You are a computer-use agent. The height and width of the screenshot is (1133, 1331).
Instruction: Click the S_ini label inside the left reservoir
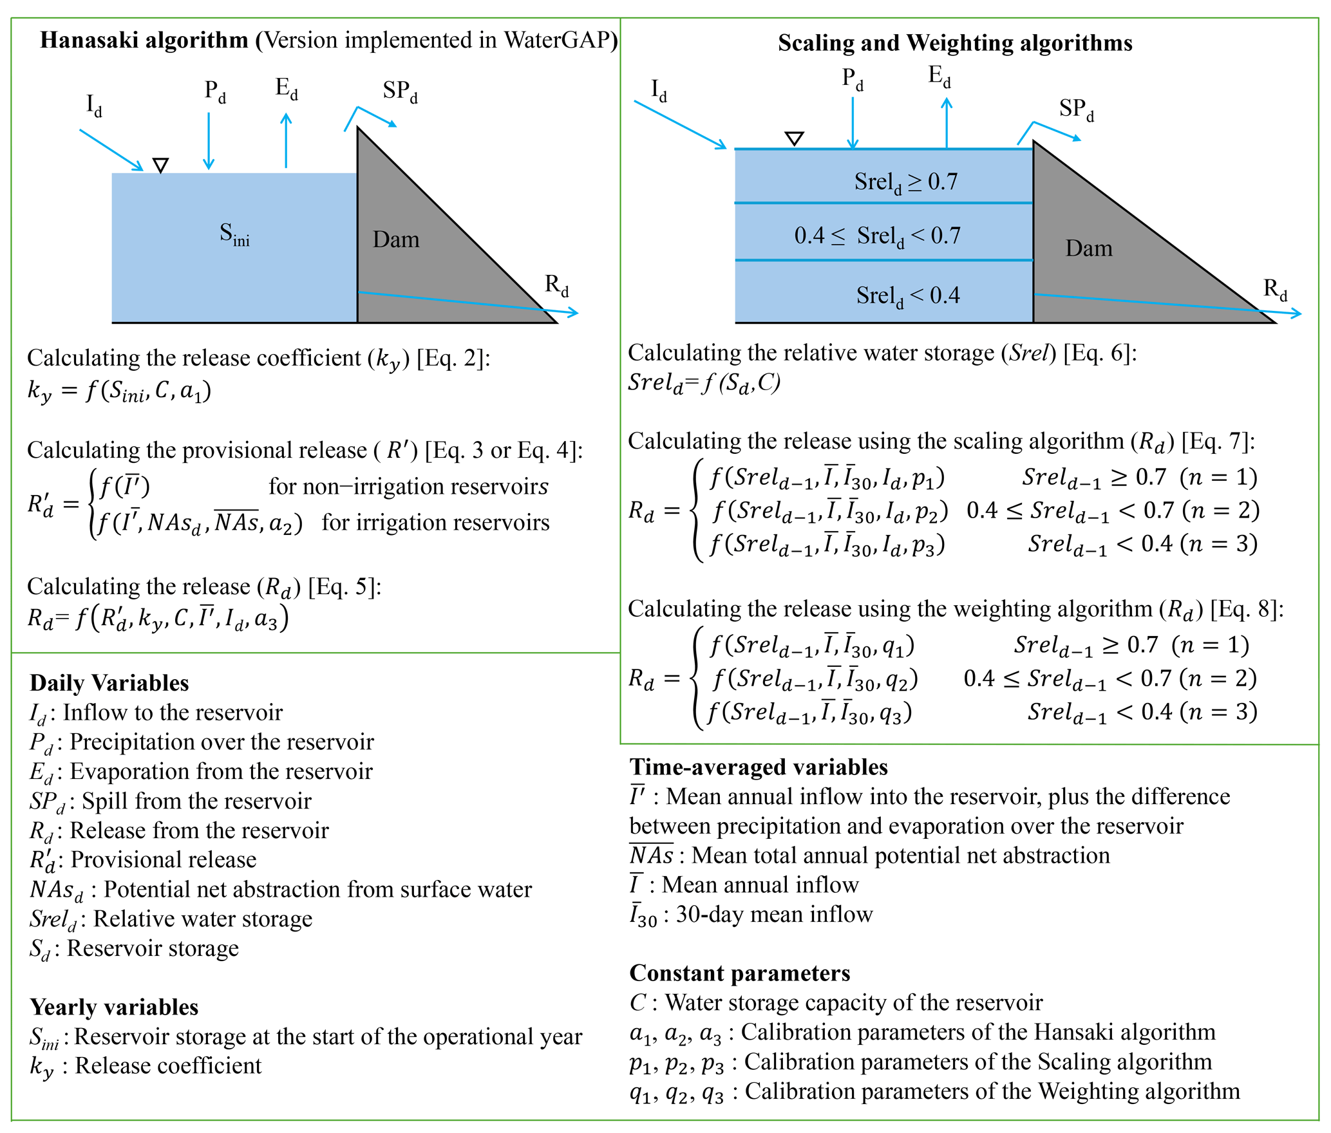pyautogui.click(x=234, y=234)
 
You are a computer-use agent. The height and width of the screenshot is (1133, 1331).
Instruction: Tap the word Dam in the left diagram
pyautogui.click(x=395, y=239)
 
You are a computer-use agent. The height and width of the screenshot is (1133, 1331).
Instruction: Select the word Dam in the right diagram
pyautogui.click(x=1088, y=248)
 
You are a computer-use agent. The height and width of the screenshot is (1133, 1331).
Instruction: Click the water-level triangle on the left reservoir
pyautogui.click(x=161, y=165)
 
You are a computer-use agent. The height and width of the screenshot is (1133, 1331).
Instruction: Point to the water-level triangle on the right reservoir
pyautogui.click(x=794, y=138)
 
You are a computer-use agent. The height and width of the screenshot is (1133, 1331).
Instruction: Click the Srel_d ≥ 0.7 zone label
pyautogui.click(x=905, y=182)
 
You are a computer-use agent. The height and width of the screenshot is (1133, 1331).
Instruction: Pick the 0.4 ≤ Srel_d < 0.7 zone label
pyautogui.click(x=877, y=236)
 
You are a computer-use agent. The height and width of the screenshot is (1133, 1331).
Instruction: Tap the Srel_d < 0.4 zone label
pyautogui.click(x=907, y=295)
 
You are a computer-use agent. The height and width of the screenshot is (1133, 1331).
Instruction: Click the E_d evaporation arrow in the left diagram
pyautogui.click(x=286, y=140)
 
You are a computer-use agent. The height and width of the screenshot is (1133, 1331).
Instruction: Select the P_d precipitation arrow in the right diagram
pyautogui.click(x=853, y=122)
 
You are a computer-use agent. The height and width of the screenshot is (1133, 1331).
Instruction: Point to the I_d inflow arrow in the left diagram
pyautogui.click(x=111, y=149)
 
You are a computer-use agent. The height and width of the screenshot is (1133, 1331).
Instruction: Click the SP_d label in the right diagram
pyautogui.click(x=1076, y=109)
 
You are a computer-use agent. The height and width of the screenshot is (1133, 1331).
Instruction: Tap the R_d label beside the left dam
pyautogui.click(x=556, y=285)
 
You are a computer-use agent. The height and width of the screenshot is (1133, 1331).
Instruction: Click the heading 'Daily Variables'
pyautogui.click(x=109, y=683)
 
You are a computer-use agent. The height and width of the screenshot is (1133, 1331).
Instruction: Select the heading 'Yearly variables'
pyautogui.click(x=114, y=1007)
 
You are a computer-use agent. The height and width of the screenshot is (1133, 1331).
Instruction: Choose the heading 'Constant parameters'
pyautogui.click(x=739, y=973)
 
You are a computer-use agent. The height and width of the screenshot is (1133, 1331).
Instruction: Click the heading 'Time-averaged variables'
pyautogui.click(x=758, y=767)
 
